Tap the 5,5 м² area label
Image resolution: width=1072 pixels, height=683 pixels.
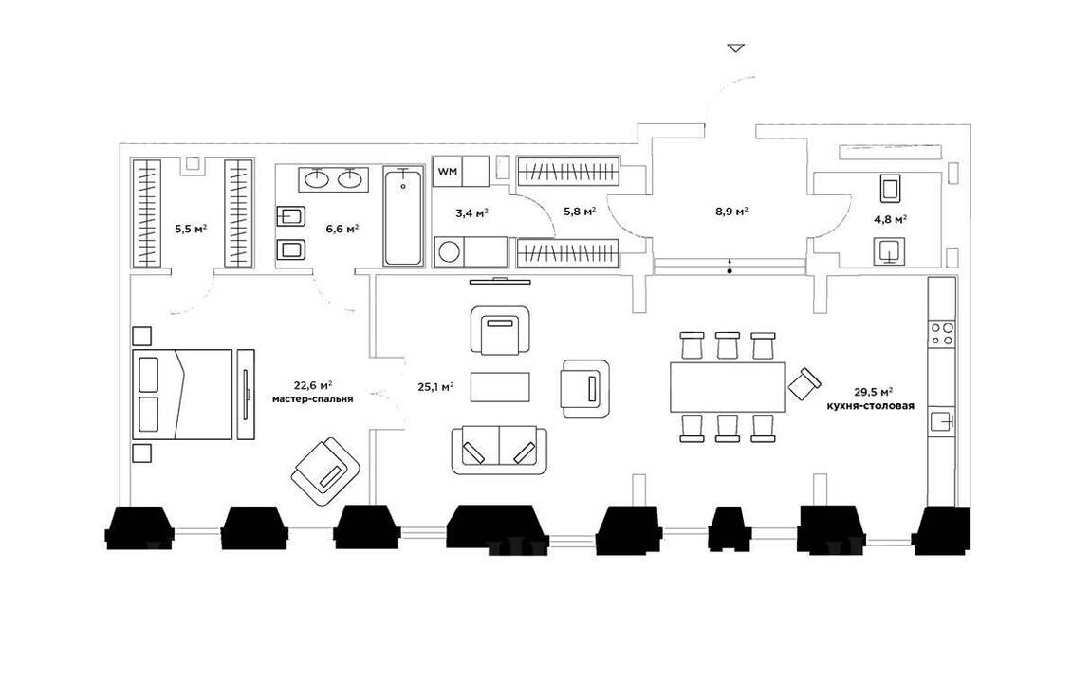pos(191,229)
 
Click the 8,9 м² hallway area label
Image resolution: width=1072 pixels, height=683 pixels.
pos(732,212)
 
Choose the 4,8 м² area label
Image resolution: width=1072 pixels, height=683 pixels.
pos(890,219)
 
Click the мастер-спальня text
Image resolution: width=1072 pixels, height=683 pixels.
pos(312,399)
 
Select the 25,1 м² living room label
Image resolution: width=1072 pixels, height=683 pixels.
pos(435,386)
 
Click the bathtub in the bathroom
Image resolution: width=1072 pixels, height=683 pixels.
pos(404,217)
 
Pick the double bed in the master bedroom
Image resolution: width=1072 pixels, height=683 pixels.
pos(183,394)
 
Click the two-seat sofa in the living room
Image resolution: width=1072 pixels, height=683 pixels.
pos(499,450)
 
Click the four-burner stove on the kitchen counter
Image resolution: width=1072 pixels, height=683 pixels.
pos(942,333)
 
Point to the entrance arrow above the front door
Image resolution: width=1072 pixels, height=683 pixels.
pos(736,46)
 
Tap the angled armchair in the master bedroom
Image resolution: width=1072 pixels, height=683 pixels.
pos(326,470)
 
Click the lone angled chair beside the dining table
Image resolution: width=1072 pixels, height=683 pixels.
pos(804,383)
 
